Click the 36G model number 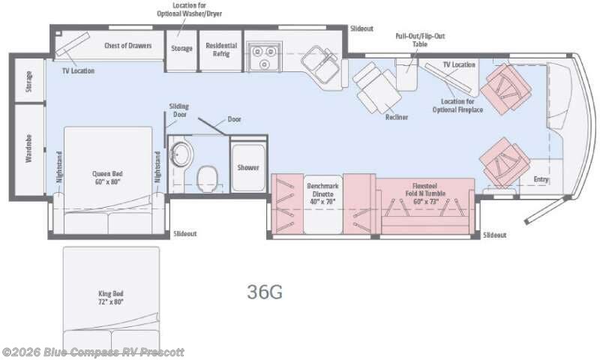point(265,292)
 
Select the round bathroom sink point(181,154)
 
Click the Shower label point(248,167)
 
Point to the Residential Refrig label point(221,49)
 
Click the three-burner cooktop point(264,56)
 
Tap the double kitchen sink point(320,64)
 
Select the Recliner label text point(397,117)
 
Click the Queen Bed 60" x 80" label point(107,178)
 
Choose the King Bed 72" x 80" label point(110,298)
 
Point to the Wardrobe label point(28,148)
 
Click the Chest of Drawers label point(127,46)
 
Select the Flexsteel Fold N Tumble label point(425,193)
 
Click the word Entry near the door point(541,179)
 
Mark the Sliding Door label point(179,110)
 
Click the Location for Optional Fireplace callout point(457,106)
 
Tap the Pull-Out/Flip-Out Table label point(420,40)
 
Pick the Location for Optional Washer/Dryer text point(190,10)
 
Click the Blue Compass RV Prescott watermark point(93,352)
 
